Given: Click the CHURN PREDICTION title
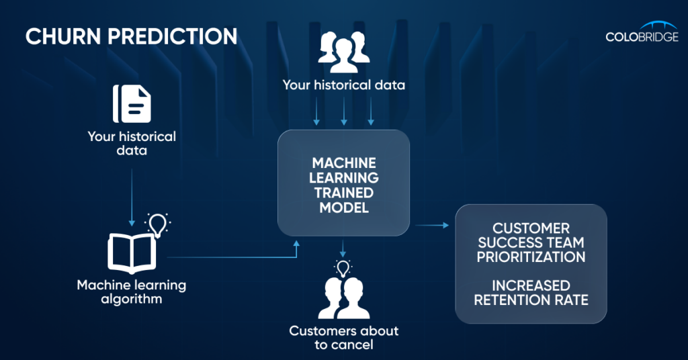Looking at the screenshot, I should tap(132, 36).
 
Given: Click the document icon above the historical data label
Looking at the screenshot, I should tap(132, 104).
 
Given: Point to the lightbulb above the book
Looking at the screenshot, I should tap(158, 224).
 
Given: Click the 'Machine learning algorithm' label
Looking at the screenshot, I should tap(132, 291).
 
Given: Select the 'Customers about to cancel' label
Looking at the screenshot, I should tap(343, 338).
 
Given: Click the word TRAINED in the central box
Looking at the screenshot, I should tap(343, 193).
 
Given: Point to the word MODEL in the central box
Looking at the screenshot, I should tap(343, 208).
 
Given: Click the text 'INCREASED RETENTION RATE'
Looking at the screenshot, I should tap(531, 293).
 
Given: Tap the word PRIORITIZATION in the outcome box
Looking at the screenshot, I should tap(531, 257).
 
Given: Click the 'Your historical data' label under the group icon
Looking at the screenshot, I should tap(343, 85).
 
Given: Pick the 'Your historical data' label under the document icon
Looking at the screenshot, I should tap(132, 143).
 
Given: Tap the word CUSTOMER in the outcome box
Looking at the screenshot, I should tap(531, 228).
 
